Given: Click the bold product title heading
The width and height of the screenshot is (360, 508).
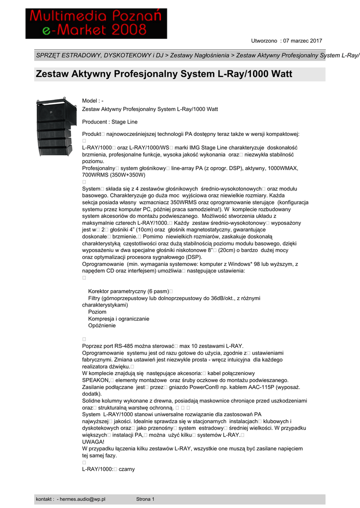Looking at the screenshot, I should pyautogui.click(x=164, y=74).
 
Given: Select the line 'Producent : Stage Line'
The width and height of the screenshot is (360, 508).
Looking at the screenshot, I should pyautogui.click(x=110, y=122).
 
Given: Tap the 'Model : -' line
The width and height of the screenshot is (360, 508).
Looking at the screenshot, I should pyautogui.click(x=92, y=101).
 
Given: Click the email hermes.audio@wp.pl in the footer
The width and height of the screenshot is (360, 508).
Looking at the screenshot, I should pyautogui.click(x=82, y=499).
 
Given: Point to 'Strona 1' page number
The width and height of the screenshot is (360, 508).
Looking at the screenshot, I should pyautogui.click(x=145, y=499).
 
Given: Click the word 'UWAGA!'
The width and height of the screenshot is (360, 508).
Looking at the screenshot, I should pyautogui.click(x=93, y=442).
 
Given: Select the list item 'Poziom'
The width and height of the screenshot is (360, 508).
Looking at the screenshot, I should pyautogui.click(x=97, y=312).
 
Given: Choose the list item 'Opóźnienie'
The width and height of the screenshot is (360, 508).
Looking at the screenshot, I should pyautogui.click(x=102, y=326).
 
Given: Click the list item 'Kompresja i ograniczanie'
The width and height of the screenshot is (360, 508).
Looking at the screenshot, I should pyautogui.click(x=119, y=319).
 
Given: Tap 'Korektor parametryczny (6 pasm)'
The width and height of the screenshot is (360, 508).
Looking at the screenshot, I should pyautogui.click(x=129, y=291).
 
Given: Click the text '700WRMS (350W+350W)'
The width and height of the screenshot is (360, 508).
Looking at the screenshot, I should pyautogui.click(x=114, y=175).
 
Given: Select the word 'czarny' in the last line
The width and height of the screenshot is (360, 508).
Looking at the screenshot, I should pyautogui.click(x=127, y=469).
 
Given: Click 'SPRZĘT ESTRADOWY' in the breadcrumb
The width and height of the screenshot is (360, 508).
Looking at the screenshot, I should pyautogui.click(x=67, y=56).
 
